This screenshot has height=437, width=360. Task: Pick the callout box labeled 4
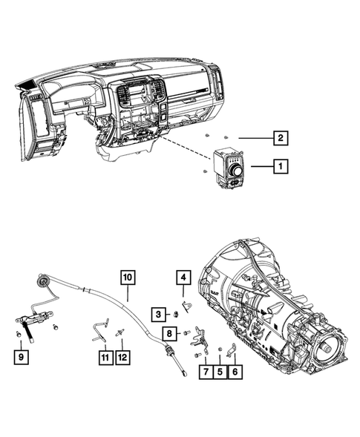click(183, 279)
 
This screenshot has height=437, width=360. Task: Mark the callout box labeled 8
click(170, 332)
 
